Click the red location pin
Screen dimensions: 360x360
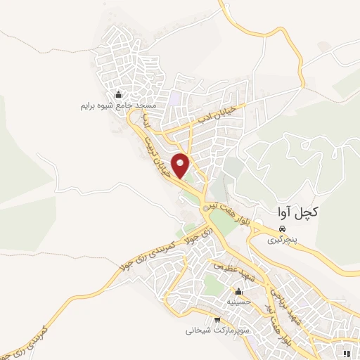pos(181,165)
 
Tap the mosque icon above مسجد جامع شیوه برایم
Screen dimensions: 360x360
pos(117,96)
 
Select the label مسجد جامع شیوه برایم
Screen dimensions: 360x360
pos(117,106)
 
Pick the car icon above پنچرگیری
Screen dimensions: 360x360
pos(281,229)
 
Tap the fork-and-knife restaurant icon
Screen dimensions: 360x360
pos(348,352)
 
